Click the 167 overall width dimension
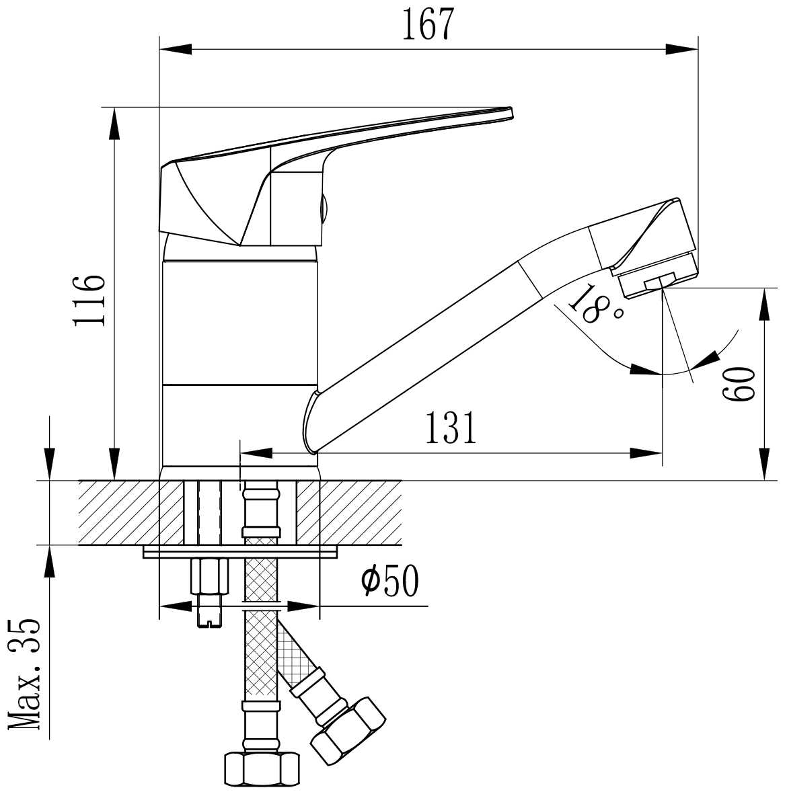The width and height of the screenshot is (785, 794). (x=426, y=24)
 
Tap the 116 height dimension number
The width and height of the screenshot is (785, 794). (x=89, y=301)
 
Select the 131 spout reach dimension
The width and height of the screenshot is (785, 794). (x=451, y=428)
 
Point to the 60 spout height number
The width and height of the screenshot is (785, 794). (x=738, y=385)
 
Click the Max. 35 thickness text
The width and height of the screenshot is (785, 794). (x=24, y=674)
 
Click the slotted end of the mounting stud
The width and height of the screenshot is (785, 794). (x=209, y=619)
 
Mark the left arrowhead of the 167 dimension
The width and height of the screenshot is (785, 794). (x=176, y=49)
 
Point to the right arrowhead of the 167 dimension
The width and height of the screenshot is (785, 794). (x=681, y=49)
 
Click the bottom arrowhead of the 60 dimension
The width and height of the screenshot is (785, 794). (x=764, y=463)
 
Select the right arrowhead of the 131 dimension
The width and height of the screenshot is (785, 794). (x=646, y=453)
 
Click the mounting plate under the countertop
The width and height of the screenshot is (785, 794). (x=240, y=552)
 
